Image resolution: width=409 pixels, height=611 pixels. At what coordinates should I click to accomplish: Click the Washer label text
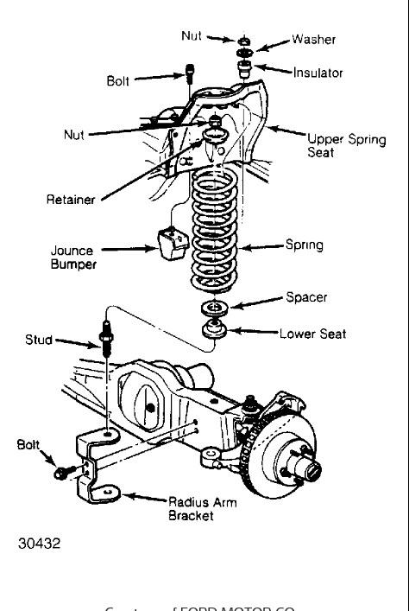(313, 40)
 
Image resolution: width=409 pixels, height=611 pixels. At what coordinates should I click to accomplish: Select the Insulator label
(318, 73)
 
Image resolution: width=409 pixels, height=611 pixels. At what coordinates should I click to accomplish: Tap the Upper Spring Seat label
(346, 144)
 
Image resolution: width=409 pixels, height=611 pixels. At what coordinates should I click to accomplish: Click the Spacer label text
(306, 298)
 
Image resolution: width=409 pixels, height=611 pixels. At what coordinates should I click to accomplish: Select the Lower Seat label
(313, 333)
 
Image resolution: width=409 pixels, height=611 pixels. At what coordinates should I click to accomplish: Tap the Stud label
(40, 341)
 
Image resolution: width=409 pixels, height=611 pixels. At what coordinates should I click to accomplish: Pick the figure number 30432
(40, 544)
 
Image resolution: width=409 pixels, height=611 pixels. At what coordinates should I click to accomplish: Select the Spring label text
(304, 245)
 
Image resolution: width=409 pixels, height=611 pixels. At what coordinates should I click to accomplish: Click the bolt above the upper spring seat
(188, 76)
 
